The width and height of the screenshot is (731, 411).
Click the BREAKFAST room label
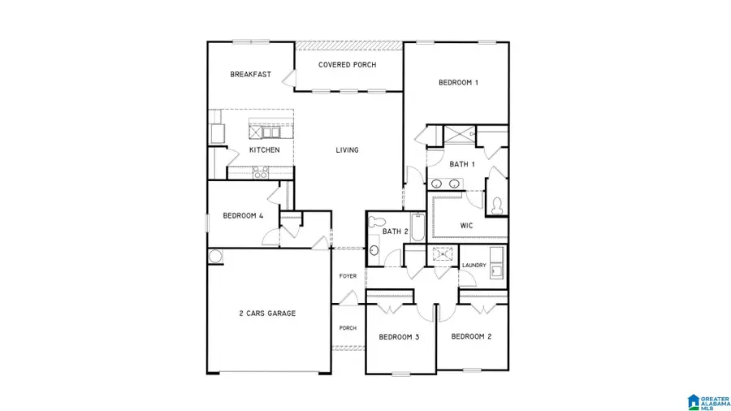tap(250, 74)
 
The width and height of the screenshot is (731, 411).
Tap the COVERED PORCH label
tap(347, 65)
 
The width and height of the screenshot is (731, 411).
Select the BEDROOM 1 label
tap(458, 82)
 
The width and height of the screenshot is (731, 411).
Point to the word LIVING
tap(348, 150)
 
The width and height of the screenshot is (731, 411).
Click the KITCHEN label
tap(265, 150)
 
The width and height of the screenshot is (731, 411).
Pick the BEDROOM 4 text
tap(244, 216)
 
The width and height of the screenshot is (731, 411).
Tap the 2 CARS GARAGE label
tap(267, 313)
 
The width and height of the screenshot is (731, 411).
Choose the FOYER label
tap(348, 276)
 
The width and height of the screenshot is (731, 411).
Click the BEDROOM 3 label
tap(399, 336)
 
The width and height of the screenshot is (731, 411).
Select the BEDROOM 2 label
tap(472, 336)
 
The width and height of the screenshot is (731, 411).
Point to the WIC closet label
tap(466, 225)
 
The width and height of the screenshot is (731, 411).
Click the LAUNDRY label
tap(474, 266)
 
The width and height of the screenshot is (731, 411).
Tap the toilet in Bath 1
tap(496, 205)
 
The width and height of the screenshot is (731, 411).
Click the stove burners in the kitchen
tap(261, 171)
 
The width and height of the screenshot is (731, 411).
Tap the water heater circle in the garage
tap(215, 257)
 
